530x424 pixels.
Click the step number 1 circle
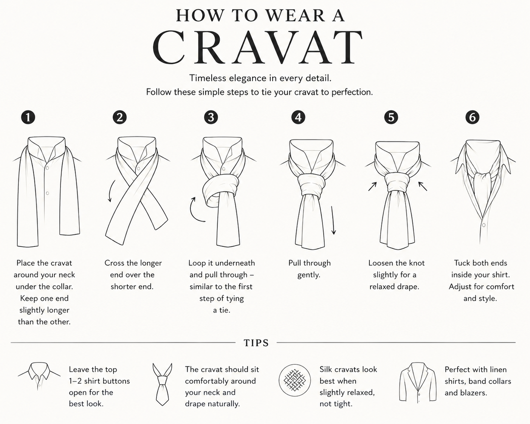tap(28, 117)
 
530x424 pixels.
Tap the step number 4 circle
tap(298, 117)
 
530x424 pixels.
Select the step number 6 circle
tap(473, 117)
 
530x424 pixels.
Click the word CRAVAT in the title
tap(257, 47)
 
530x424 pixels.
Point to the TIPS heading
tap(256, 343)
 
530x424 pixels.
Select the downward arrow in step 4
tap(333, 220)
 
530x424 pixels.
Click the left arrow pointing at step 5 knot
tap(373, 186)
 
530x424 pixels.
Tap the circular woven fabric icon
tap(294, 381)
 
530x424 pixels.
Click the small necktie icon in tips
tap(162, 384)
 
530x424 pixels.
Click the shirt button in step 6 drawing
tap(484, 225)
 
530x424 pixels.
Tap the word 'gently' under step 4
tap(309, 275)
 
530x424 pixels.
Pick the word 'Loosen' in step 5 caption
tap(382, 263)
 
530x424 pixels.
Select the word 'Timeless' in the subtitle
tap(208, 78)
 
